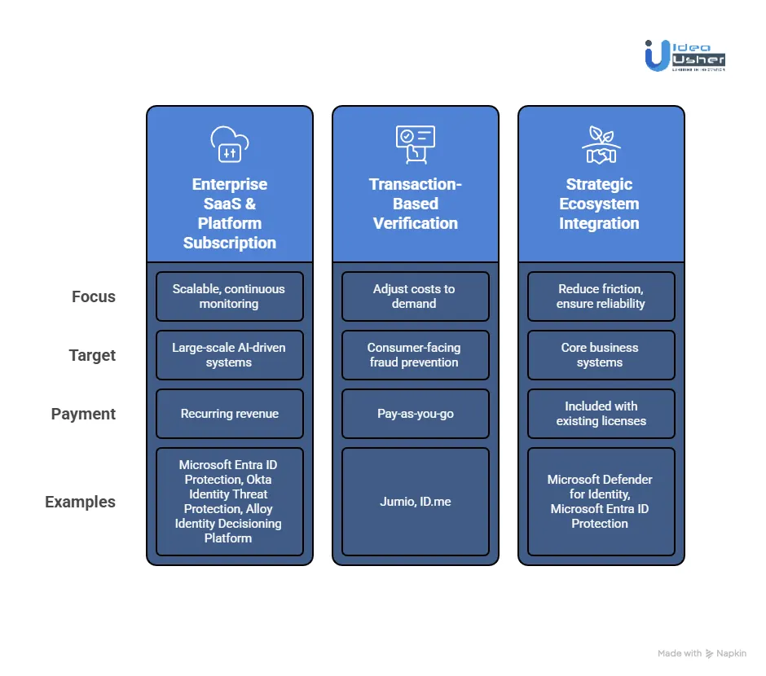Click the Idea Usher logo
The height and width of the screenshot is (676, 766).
[684, 55]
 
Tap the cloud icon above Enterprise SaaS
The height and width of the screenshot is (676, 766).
[229, 144]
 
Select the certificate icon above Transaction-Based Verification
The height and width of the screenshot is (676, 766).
[415, 144]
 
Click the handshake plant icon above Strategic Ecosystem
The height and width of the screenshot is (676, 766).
[601, 144]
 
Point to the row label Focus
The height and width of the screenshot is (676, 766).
[94, 296]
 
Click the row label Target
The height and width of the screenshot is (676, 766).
[92, 355]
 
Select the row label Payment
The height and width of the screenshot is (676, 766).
[84, 414]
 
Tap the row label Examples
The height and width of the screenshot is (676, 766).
[80, 502]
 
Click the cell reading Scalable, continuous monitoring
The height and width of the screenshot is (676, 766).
[229, 296]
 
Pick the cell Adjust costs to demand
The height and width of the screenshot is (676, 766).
[415, 296]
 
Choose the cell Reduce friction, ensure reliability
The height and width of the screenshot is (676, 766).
[601, 296]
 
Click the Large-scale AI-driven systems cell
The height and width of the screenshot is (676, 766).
[229, 355]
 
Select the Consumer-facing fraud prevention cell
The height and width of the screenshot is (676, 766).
[415, 355]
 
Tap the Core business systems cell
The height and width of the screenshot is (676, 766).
[601, 355]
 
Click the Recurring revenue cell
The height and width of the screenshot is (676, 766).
[229, 414]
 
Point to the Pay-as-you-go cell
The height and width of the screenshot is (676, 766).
[415, 414]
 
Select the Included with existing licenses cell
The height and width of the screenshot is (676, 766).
[601, 414]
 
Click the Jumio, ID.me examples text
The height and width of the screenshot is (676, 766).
[415, 502]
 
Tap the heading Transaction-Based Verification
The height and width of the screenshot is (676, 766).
[415, 204]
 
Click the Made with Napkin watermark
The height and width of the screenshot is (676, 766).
[702, 653]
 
